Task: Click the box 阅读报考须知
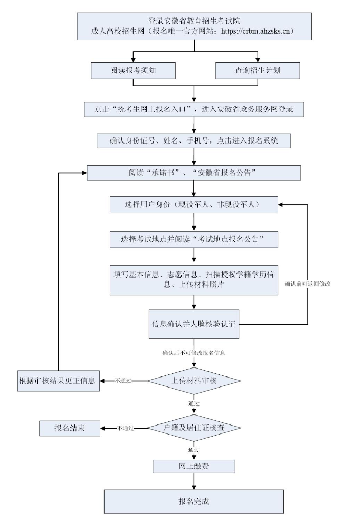point(133,71)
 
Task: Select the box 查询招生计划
point(258,71)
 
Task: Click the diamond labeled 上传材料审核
point(194,381)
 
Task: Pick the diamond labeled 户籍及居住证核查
point(194,428)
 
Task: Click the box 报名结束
point(70,428)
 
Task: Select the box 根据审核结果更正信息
point(59,381)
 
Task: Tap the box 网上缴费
point(194,466)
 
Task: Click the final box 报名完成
point(194,502)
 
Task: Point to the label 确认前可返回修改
point(308,284)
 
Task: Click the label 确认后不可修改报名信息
point(194,353)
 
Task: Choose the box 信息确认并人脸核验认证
point(194,324)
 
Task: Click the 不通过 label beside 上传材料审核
point(123,381)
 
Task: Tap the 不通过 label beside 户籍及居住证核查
point(126,428)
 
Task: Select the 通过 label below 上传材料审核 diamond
point(194,403)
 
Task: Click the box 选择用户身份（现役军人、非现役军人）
point(194,205)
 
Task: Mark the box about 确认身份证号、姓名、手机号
point(194,140)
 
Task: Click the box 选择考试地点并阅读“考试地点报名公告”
point(194,239)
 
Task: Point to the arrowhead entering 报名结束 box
point(103,428)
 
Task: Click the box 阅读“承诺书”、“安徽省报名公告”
point(194,173)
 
